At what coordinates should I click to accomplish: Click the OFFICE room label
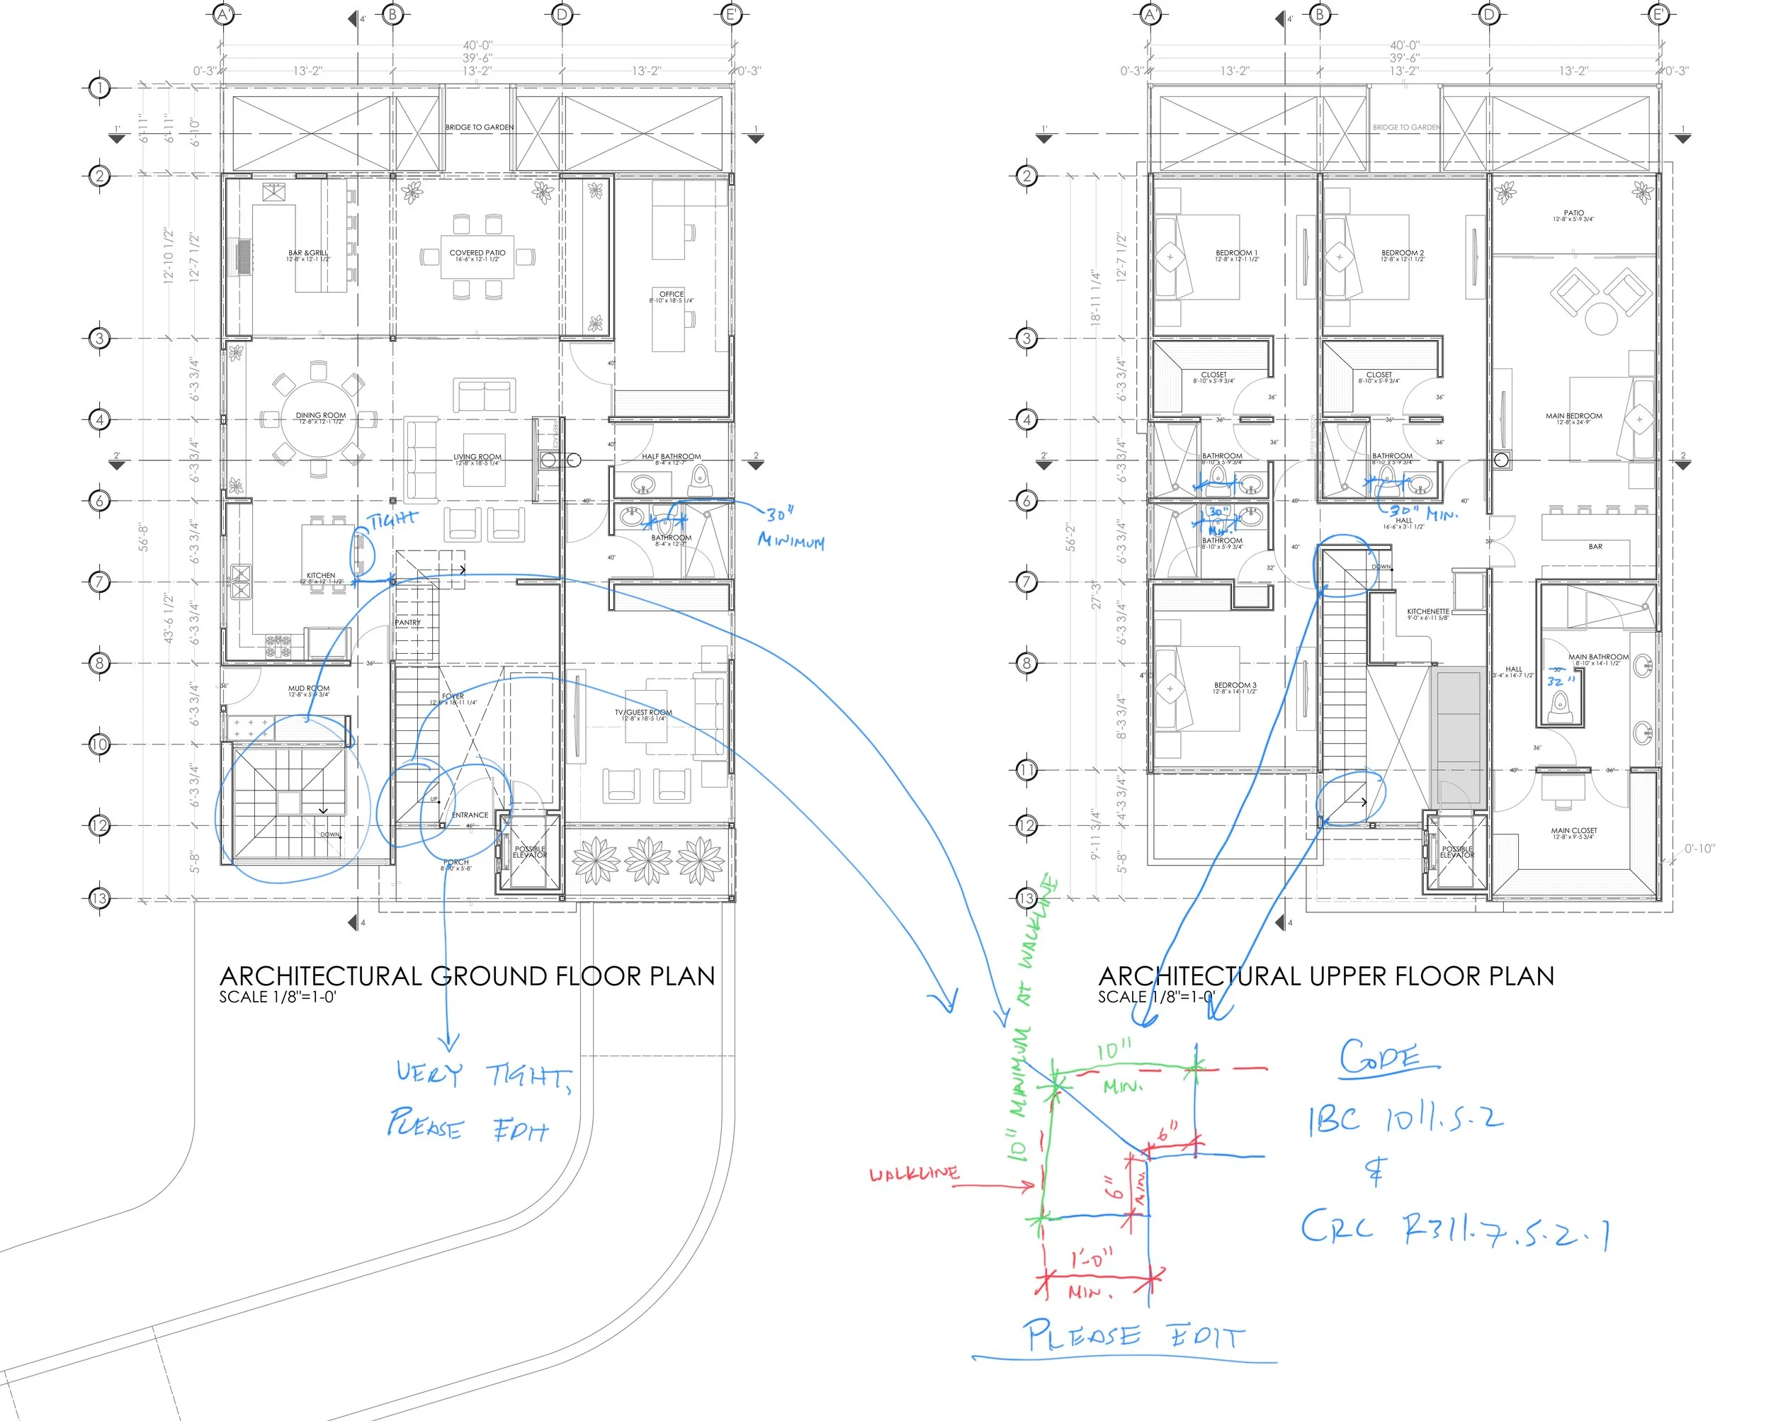[x=671, y=294]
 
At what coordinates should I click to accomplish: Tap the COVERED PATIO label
[x=477, y=253]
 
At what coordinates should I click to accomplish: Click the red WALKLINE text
[x=913, y=1174]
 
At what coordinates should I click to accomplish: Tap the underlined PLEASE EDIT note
[x=1133, y=1335]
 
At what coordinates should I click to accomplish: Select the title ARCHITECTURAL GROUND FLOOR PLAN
[x=467, y=976]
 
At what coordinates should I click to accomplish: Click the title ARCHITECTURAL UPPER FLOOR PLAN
[x=1326, y=976]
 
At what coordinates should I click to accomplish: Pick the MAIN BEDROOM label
[x=1573, y=417]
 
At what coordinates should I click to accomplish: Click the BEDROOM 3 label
[x=1235, y=685]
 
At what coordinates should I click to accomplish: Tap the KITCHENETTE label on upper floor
[x=1427, y=612]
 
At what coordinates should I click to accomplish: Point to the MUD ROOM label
[x=309, y=689]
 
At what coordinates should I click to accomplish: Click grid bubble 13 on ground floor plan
[x=98, y=898]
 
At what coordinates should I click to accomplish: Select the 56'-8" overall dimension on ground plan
[x=145, y=537]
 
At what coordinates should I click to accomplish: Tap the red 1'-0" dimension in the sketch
[x=1092, y=1258]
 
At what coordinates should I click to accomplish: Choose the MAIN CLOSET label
[x=1574, y=830]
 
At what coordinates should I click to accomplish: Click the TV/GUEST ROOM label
[x=643, y=713]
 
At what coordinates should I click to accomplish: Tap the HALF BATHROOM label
[x=671, y=457]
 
